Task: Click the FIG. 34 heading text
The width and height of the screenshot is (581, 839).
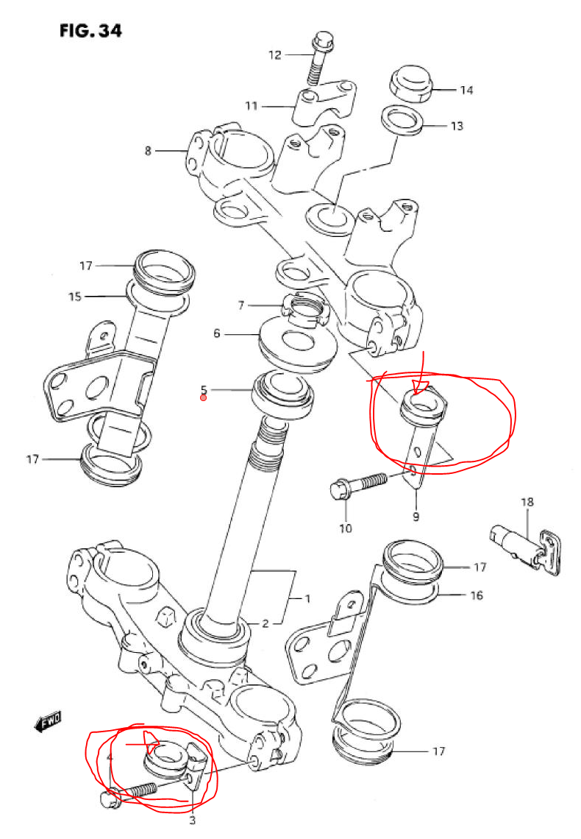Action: click(x=91, y=30)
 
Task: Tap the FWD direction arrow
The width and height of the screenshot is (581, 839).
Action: click(x=47, y=722)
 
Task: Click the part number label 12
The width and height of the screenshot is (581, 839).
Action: click(x=275, y=54)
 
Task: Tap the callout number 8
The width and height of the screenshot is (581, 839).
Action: click(x=148, y=151)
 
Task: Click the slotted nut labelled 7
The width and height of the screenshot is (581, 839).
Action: click(x=304, y=310)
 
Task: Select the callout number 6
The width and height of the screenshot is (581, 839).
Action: click(x=216, y=333)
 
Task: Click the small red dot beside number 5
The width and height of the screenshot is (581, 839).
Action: click(x=204, y=397)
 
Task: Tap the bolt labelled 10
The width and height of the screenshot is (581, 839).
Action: click(x=358, y=484)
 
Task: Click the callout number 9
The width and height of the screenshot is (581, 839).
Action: click(x=416, y=517)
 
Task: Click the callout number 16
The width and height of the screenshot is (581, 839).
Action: click(x=477, y=595)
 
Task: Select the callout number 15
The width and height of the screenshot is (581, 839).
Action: click(x=75, y=296)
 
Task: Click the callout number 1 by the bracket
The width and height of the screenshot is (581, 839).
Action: click(x=307, y=598)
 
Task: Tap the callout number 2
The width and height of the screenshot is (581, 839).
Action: click(x=265, y=623)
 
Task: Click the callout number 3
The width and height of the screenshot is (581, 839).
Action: click(x=193, y=820)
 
